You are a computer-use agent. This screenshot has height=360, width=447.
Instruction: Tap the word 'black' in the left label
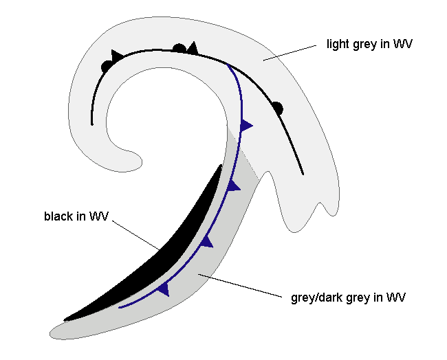56,216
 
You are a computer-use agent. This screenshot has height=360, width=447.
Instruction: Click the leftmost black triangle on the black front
117,54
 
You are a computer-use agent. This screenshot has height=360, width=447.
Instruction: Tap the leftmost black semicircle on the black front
106,66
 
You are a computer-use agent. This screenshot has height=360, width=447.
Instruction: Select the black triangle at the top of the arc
193,47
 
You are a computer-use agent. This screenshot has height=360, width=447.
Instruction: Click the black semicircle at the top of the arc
179,48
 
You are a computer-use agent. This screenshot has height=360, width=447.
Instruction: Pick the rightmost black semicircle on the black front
277,106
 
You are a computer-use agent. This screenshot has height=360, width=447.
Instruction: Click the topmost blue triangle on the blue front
246,125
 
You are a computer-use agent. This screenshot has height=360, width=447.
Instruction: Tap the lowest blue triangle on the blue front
163,289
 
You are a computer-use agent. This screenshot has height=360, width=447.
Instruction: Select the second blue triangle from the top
234,185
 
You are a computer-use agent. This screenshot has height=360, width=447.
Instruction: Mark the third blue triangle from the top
206,240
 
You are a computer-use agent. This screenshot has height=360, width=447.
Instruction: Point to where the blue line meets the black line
228,65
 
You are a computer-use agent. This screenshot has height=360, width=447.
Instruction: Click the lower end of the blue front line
120,307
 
